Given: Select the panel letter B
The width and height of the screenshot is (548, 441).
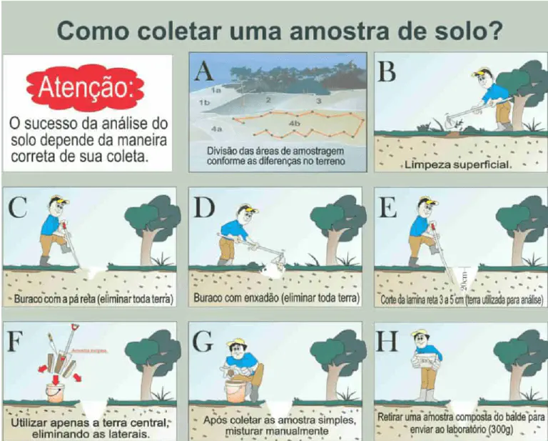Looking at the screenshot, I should pos(387,72).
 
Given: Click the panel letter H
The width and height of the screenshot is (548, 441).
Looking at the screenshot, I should pos(387,342).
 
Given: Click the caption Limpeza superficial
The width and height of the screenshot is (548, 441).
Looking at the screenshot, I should pos(456,165).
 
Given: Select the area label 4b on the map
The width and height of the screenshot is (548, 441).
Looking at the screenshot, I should pos(293,124).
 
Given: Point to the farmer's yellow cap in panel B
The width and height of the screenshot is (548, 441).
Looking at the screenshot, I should pos(486,73).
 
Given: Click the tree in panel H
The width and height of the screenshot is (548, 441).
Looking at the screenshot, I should pos(520,357).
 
